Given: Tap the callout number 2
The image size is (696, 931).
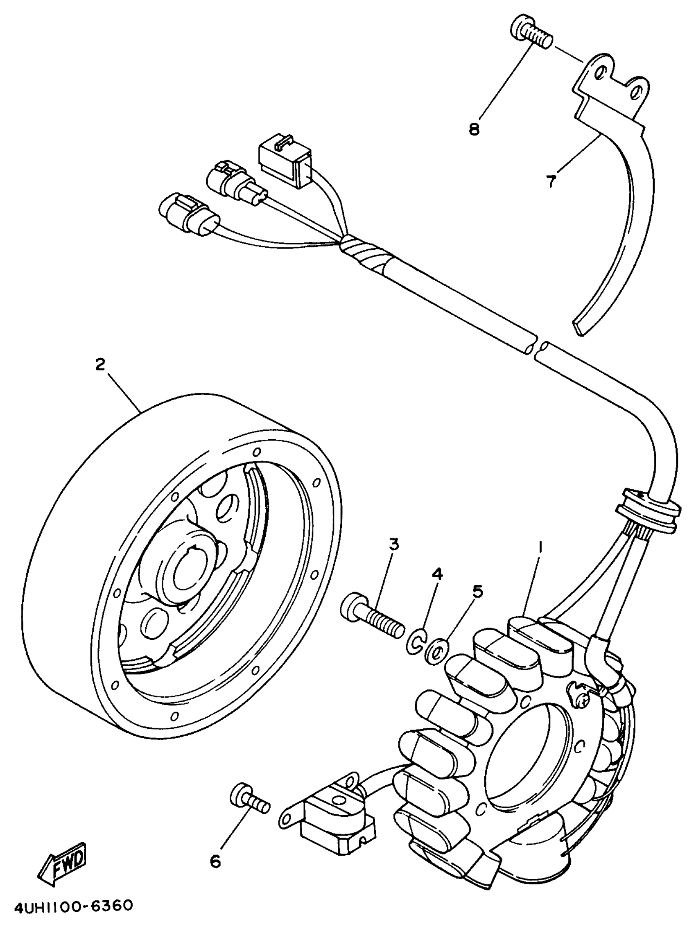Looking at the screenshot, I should click(100, 364).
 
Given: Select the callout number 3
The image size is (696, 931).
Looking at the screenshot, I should click(393, 545).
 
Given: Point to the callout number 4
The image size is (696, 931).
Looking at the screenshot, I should click(437, 574).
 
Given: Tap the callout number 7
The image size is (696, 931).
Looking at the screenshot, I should click(551, 181).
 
